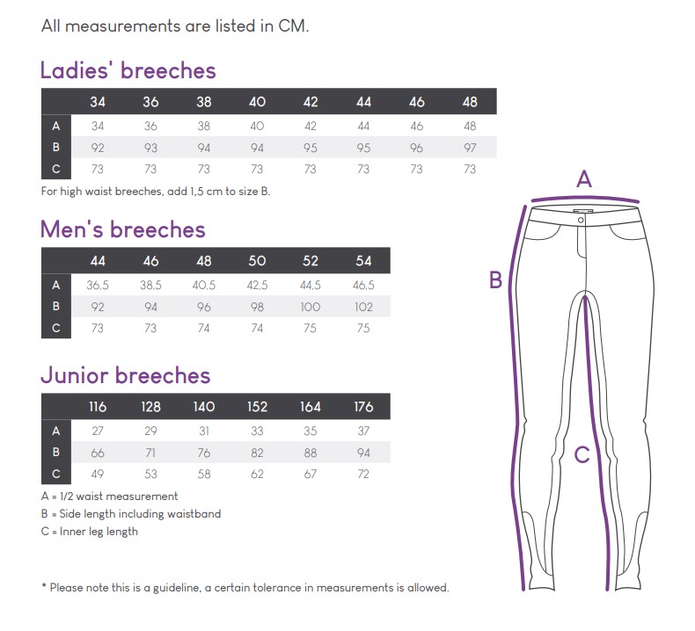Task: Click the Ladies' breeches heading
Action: [128, 70]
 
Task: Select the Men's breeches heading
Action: [123, 230]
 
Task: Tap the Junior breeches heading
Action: [126, 376]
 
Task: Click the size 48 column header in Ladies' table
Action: [470, 102]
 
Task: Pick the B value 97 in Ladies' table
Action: [470, 148]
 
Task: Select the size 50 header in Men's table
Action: [257, 261]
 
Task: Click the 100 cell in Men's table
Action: [310, 308]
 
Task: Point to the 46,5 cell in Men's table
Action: [362, 285]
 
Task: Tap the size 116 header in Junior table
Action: [97, 407]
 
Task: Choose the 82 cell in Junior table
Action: [257, 453]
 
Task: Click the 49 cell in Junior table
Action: [97, 475]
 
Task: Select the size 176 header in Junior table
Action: [362, 407]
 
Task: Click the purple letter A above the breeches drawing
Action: [584, 180]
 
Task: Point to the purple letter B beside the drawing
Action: [496, 280]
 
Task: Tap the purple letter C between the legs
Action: [582, 454]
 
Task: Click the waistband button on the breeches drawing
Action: [580, 213]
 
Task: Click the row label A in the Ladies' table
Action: [56, 126]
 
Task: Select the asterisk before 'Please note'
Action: [44, 587]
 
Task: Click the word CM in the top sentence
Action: [293, 25]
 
